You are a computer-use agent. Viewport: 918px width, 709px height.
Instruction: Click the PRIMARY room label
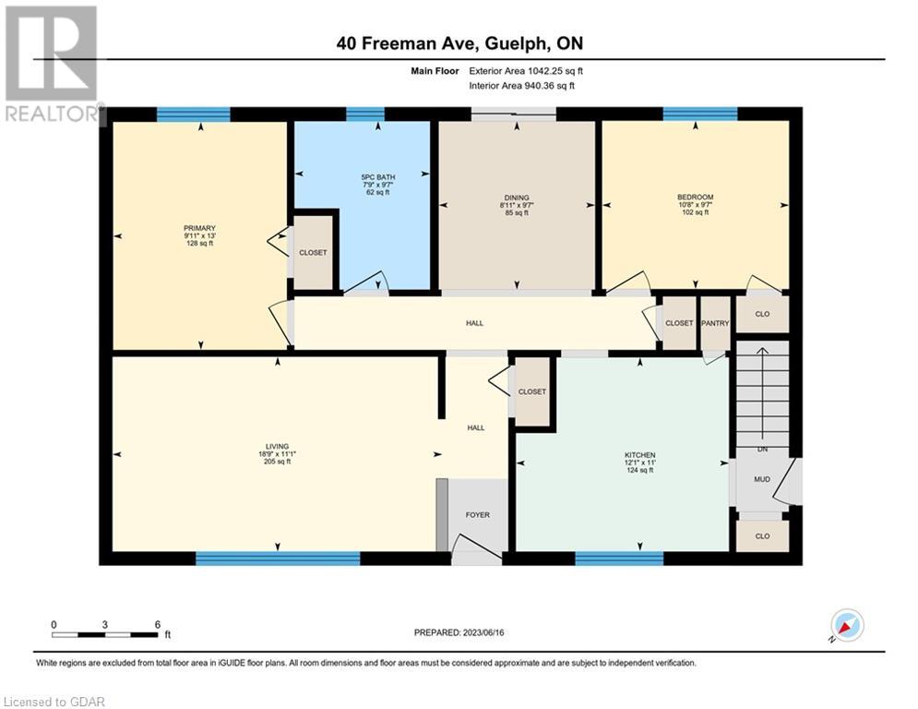click(199, 228)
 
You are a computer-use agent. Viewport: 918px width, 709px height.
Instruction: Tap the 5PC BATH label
click(377, 177)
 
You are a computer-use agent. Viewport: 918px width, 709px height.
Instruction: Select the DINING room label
click(517, 198)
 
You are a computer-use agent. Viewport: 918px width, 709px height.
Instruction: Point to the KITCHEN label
click(640, 455)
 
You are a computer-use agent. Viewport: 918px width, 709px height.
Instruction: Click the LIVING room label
click(277, 447)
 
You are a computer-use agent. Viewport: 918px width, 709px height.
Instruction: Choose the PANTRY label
click(715, 323)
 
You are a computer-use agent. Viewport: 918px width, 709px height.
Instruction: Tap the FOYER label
click(478, 514)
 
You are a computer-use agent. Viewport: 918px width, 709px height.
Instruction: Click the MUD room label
click(762, 479)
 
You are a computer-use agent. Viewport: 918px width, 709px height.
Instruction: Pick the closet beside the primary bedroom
click(313, 253)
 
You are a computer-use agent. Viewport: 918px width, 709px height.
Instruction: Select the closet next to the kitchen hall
click(532, 391)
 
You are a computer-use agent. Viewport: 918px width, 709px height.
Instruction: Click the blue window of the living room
click(278, 558)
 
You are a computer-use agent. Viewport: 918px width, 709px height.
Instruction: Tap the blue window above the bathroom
click(364, 114)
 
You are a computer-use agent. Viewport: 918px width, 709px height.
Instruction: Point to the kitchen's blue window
click(619, 558)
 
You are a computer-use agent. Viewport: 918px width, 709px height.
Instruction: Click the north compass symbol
click(847, 625)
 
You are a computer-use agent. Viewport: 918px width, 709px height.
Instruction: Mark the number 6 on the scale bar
click(158, 625)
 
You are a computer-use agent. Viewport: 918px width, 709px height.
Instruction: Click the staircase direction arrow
click(762, 392)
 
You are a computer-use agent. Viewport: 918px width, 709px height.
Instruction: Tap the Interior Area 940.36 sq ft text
click(521, 86)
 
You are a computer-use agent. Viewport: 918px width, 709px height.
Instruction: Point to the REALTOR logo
click(52, 65)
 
